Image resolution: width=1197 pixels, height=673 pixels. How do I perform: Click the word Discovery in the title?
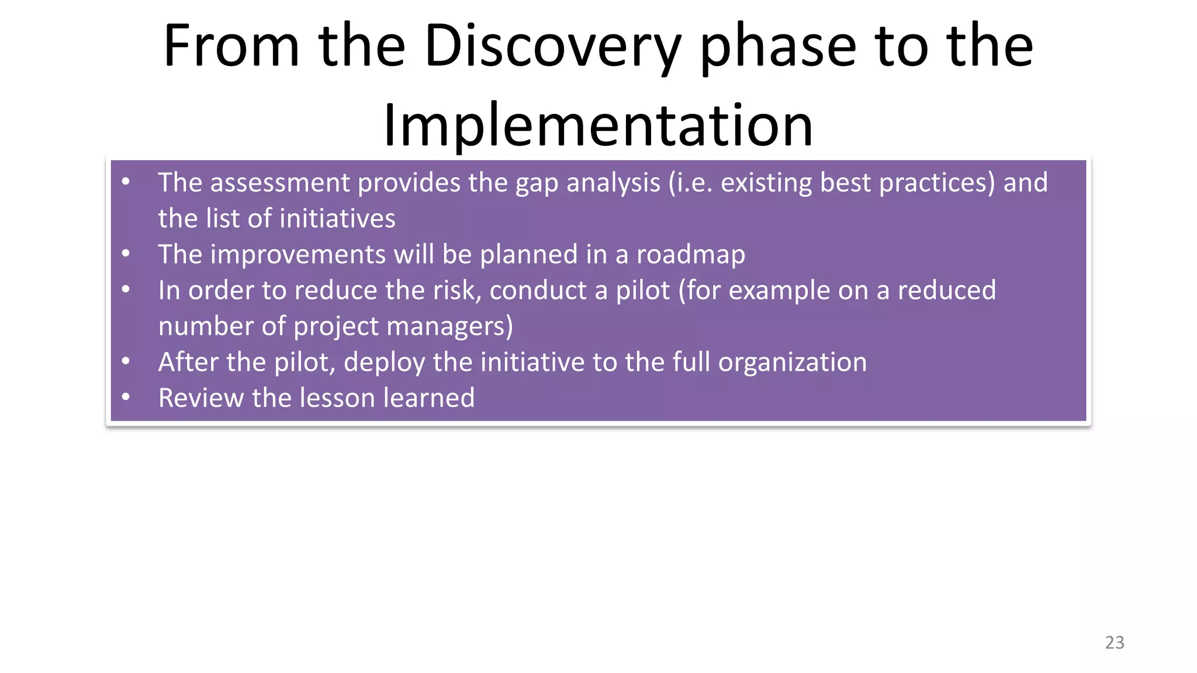pos(552,47)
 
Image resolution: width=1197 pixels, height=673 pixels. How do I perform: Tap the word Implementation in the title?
pos(598,126)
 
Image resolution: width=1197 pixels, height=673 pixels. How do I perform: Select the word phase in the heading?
pos(778,47)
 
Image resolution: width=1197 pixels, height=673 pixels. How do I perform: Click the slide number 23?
pos(1114,643)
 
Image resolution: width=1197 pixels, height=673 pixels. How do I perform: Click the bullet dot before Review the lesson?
pos(126,397)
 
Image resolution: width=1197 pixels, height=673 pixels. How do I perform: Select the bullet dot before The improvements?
pos(126,254)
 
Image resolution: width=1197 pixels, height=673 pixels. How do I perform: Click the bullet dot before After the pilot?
pos(126,361)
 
